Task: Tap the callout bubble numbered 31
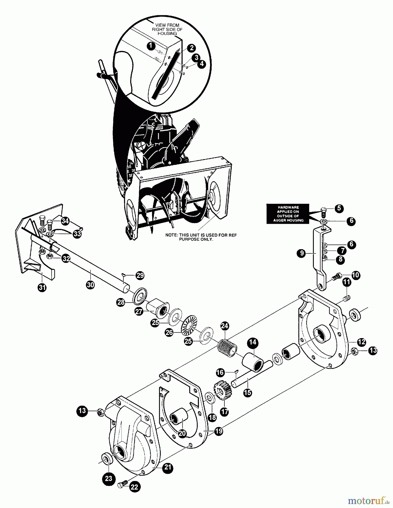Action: pyautogui.click(x=42, y=288)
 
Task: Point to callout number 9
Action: pyautogui.click(x=302, y=253)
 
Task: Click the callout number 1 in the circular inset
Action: pyautogui.click(x=152, y=45)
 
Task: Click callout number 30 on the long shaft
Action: pyautogui.click(x=90, y=285)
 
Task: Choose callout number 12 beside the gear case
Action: pyautogui.click(x=361, y=342)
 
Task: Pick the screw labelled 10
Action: pyautogui.click(x=337, y=277)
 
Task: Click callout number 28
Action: pyautogui.click(x=121, y=303)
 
